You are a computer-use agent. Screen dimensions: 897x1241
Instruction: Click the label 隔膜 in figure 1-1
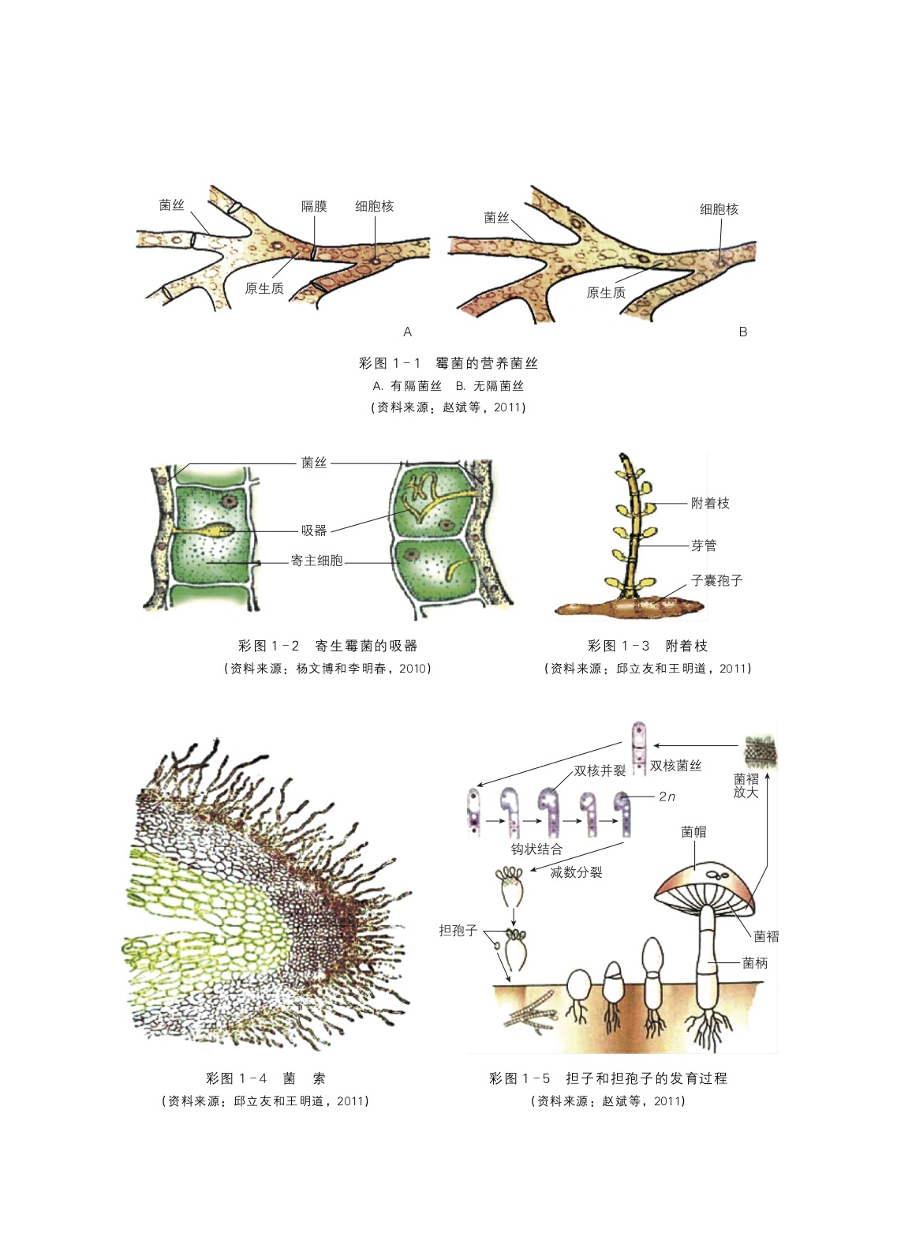tap(314, 206)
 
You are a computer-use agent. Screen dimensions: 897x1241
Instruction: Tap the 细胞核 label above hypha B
tap(719, 209)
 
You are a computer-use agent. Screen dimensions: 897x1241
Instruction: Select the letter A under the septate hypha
tap(407, 332)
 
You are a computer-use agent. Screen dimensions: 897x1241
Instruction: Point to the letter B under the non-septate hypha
tap(742, 332)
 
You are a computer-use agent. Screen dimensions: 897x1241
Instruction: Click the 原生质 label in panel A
tap(264, 289)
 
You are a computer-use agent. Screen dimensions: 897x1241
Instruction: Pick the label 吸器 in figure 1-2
tap(313, 531)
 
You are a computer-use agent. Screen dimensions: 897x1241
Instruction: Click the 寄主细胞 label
tap(316, 561)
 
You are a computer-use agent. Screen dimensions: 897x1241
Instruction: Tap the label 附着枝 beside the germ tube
tap(710, 504)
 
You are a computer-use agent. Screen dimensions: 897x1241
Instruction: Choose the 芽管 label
tap(704, 546)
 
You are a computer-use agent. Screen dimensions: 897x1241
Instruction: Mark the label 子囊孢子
tap(716, 580)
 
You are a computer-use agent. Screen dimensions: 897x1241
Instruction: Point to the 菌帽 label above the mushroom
tap(693, 831)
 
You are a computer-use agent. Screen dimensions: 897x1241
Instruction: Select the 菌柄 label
tap(755, 963)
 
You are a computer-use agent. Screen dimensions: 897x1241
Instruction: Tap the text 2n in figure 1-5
tap(667, 797)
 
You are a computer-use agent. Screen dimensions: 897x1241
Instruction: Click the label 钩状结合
tap(536, 849)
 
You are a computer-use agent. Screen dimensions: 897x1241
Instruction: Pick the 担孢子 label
tap(458, 931)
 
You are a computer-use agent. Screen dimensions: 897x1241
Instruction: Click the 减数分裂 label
tap(576, 872)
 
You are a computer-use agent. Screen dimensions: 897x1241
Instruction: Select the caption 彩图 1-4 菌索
tap(265, 1078)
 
